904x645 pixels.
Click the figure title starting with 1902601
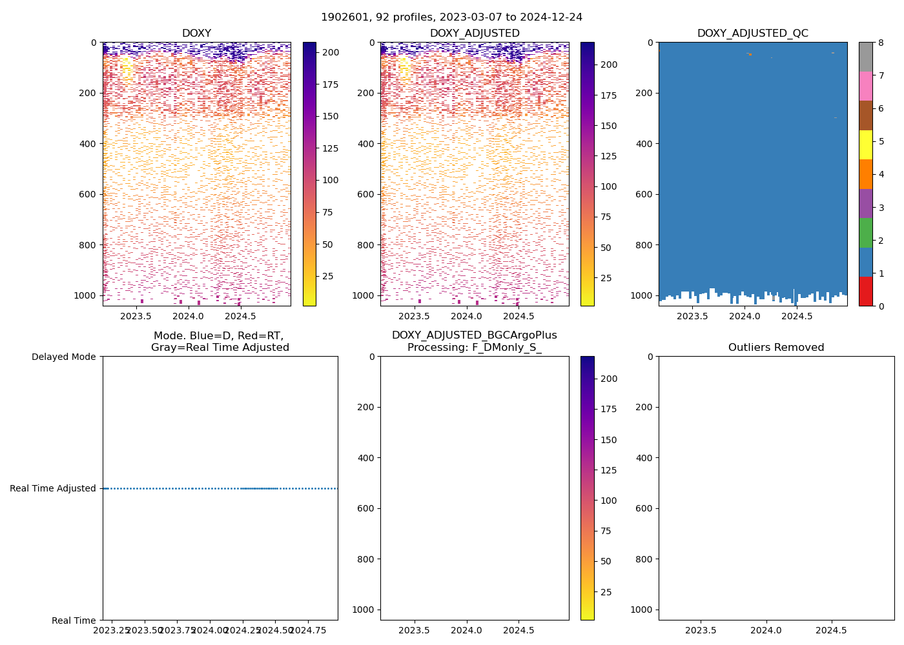pos(451,17)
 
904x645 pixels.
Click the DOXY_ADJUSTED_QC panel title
pos(752,34)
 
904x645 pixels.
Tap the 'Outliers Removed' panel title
pos(776,348)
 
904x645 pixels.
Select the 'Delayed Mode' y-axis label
pos(63,357)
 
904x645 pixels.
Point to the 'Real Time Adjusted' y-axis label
pos(52,488)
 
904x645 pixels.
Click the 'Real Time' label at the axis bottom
pos(74,620)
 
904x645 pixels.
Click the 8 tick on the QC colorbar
pos(881,43)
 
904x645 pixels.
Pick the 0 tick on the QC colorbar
pos(881,306)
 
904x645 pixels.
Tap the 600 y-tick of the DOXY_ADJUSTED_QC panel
pos(644,194)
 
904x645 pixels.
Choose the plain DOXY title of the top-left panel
pos(196,34)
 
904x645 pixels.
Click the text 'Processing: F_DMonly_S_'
pos(474,348)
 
